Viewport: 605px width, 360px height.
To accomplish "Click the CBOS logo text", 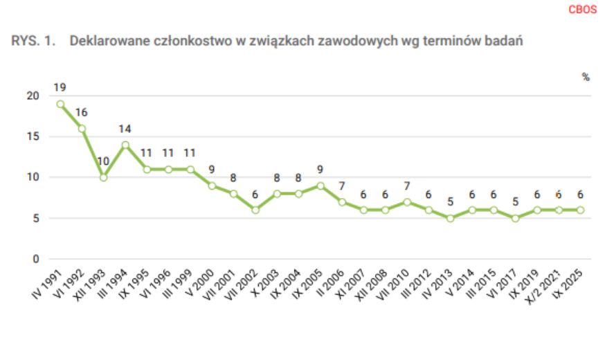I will [x=582, y=10].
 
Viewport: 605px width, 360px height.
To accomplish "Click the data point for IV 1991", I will [x=60, y=104].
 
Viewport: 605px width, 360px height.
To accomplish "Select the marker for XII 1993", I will [x=104, y=177].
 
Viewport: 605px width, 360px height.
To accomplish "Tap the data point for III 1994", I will [x=125, y=145].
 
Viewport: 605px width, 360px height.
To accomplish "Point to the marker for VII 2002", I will [x=255, y=210].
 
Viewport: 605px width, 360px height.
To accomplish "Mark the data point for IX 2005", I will [x=320, y=186].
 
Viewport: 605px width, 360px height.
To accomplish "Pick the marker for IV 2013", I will [x=451, y=218].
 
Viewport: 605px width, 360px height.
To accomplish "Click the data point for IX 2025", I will [x=580, y=210].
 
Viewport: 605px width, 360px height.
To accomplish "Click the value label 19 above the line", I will [x=60, y=88].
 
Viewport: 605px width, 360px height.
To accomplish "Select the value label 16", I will [x=82, y=112].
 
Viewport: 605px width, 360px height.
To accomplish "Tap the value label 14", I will [x=125, y=129].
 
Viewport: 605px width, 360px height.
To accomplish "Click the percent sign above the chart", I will [x=586, y=77].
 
